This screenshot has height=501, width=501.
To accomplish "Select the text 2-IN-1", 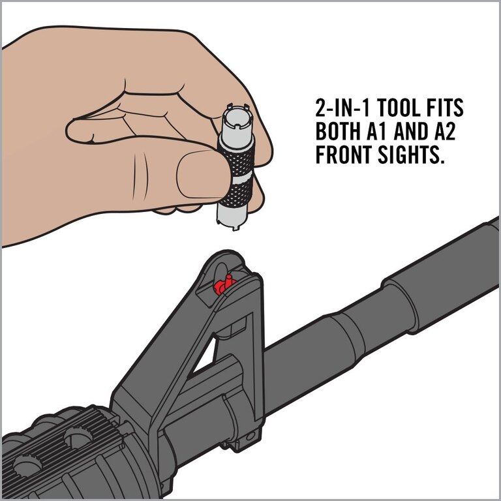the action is (342, 108).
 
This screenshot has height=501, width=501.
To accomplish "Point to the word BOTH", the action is (338, 131).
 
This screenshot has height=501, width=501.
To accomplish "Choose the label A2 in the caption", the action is (444, 131).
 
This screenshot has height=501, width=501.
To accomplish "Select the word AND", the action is (410, 131).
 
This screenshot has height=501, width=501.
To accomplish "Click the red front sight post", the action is (224, 284).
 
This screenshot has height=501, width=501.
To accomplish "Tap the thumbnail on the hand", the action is (200, 177).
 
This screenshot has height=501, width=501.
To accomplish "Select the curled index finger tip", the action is (80, 131).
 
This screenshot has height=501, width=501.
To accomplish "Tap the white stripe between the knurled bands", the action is (238, 178).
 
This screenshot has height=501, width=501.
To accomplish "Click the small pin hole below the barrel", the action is (250, 436).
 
